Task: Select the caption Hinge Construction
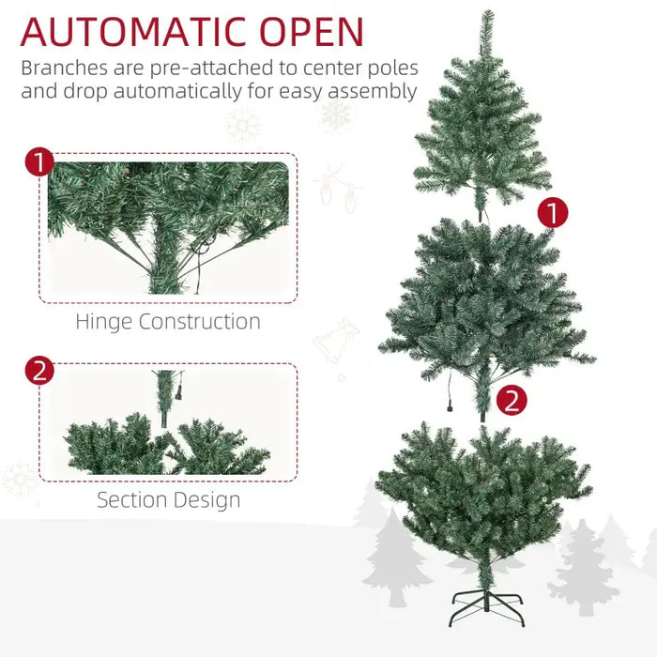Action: (x=168, y=322)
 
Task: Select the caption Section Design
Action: (x=168, y=500)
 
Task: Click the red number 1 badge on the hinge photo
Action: (x=38, y=161)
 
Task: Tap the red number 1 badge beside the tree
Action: (x=553, y=213)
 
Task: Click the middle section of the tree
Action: (x=485, y=300)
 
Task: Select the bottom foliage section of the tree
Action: (x=483, y=493)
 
